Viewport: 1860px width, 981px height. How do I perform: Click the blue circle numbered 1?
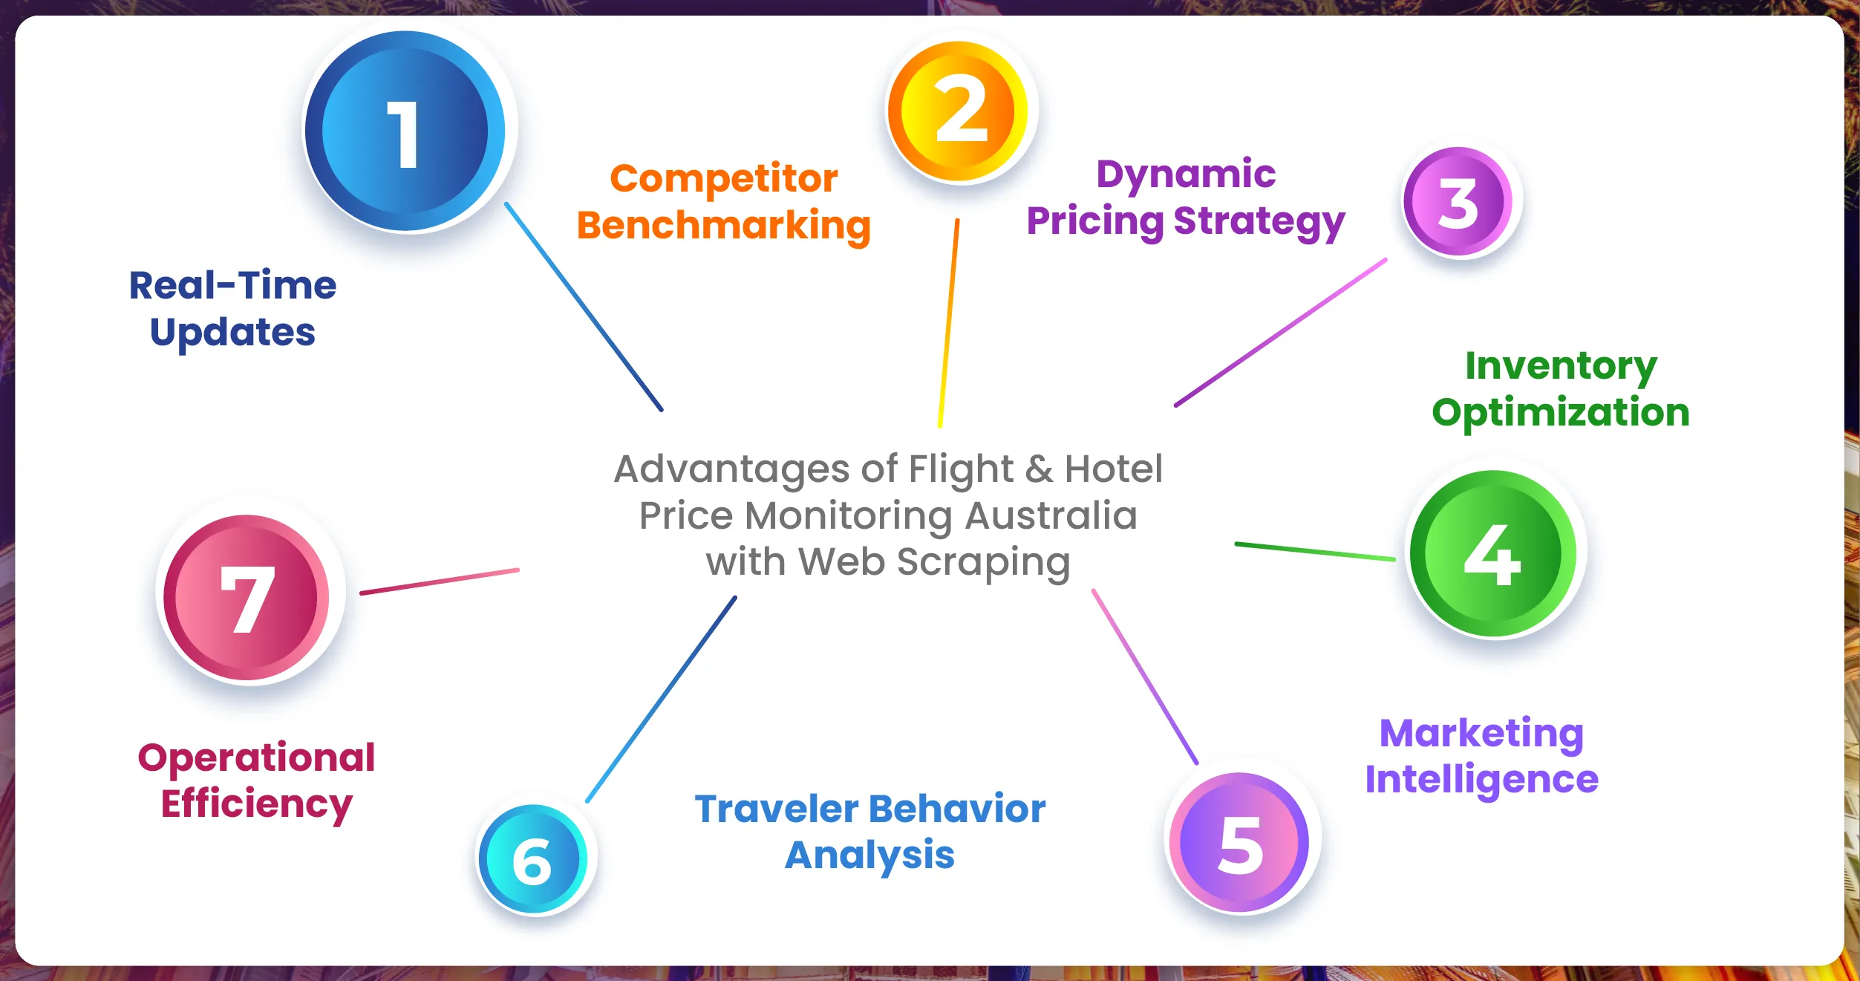coord(405,131)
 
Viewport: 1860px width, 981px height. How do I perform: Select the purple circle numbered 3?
coord(1458,201)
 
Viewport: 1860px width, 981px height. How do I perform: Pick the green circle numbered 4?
coord(1493,553)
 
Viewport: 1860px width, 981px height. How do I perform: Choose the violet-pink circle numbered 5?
coord(1239,842)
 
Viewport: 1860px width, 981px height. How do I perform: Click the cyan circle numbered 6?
coord(533,859)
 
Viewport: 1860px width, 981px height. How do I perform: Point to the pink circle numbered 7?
coord(247,598)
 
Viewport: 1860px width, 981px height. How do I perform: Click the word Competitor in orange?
coord(724,179)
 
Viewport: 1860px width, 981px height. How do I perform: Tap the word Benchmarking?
coord(724,226)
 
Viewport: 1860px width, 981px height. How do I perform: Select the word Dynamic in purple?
coord(1187,175)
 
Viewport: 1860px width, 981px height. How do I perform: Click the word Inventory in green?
coord(1561,367)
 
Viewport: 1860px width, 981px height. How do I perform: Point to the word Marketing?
coord(1482,734)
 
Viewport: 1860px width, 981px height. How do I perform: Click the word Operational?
coord(257,757)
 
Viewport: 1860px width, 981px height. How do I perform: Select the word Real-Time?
coord(233,285)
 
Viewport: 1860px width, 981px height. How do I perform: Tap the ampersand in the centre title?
coord(1040,469)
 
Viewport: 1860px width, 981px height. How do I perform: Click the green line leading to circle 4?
coord(1315,551)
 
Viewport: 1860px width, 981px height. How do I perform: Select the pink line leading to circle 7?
coord(440,581)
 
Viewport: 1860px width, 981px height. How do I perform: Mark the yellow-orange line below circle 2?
coord(948,323)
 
